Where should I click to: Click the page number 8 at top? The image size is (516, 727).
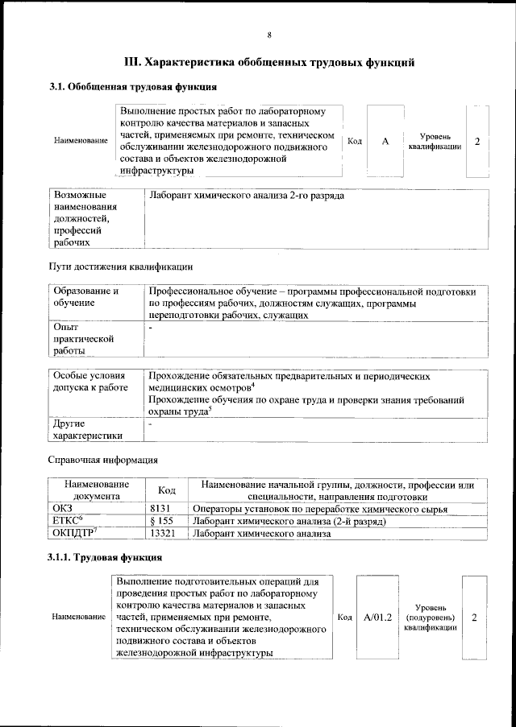pos(269,35)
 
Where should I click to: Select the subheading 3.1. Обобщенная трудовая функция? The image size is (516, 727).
pos(133,86)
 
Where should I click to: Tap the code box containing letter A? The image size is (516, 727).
pos(385,142)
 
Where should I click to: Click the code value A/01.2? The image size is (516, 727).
pos(377,617)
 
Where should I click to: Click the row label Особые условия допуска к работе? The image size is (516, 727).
pos(90,382)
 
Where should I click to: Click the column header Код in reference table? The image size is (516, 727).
pos(167,490)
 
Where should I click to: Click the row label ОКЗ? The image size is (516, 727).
pos(63,509)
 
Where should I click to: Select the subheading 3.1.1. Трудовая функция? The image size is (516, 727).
pos(106,557)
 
